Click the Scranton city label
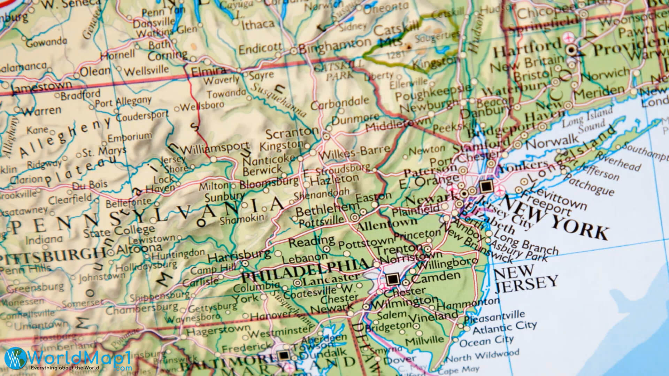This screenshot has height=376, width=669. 292,133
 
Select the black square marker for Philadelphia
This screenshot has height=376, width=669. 392,279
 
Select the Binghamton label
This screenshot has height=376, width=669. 335,46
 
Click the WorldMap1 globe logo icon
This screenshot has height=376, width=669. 15,358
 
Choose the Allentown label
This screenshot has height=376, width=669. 387,224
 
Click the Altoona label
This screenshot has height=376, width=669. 139,249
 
